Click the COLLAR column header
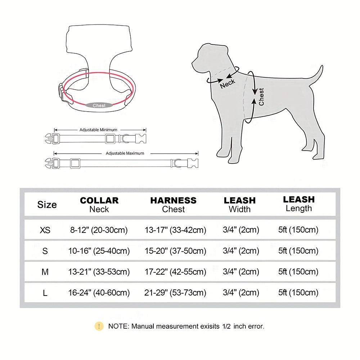pos(99,204)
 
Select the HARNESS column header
pos(174,204)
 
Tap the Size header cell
pos(47,205)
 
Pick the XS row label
pos(45,230)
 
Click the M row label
pos(45,272)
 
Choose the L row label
pos(45,293)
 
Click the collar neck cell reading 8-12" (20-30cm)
pos(99,230)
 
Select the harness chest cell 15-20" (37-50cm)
pos(175,251)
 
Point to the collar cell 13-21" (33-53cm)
pos(99,272)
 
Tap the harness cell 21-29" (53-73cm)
pos(175,293)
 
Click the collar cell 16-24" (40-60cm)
pos(99,293)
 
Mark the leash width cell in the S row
pos(241,251)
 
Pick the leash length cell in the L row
pos(298,293)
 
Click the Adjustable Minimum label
pos(98,130)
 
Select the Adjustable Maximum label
pos(125,153)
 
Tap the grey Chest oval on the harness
pos(99,105)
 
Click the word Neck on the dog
pos(228,84)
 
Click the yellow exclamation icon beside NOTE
pos(99,326)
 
